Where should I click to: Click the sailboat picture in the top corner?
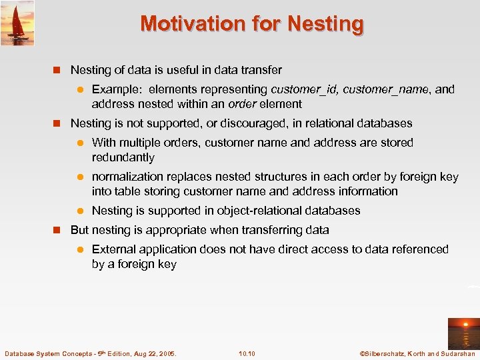click(x=17, y=23)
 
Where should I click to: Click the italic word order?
click(x=242, y=104)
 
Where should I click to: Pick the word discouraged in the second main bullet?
click(x=239, y=123)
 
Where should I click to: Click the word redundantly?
click(x=123, y=158)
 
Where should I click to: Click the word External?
click(x=114, y=249)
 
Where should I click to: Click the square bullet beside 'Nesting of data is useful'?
click(x=57, y=70)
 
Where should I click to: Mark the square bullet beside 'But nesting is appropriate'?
click(x=57, y=230)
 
